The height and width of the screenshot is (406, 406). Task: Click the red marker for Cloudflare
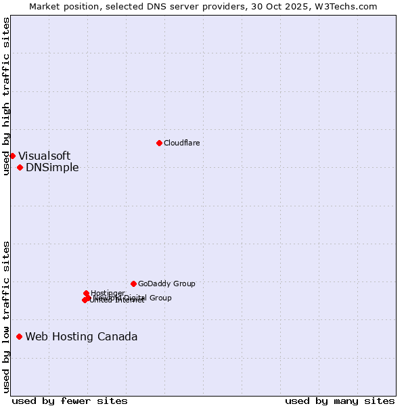[x=159, y=143]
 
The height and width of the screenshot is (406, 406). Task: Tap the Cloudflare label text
[x=181, y=143]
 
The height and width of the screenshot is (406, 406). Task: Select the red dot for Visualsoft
[x=12, y=156]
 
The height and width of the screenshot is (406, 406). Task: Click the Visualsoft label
[x=44, y=156]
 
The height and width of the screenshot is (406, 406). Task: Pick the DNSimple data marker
[x=20, y=167]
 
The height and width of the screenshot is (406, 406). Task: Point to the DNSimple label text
[x=52, y=168]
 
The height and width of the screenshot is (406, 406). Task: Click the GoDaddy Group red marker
[x=133, y=284]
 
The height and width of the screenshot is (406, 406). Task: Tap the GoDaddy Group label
[x=166, y=284]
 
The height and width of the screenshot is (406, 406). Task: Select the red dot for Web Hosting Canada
[x=20, y=336]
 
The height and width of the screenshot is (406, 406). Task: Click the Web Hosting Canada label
[x=81, y=337]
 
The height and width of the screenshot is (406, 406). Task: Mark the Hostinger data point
[x=86, y=293]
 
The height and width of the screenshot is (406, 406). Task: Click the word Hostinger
[x=108, y=293]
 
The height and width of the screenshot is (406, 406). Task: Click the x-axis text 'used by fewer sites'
[x=70, y=401]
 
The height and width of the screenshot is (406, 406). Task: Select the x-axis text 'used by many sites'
[x=340, y=401]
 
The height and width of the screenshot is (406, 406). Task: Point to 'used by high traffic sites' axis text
[x=7, y=96]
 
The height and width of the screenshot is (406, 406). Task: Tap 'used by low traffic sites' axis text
[x=7, y=316]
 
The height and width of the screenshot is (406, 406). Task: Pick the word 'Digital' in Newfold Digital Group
[x=136, y=298]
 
